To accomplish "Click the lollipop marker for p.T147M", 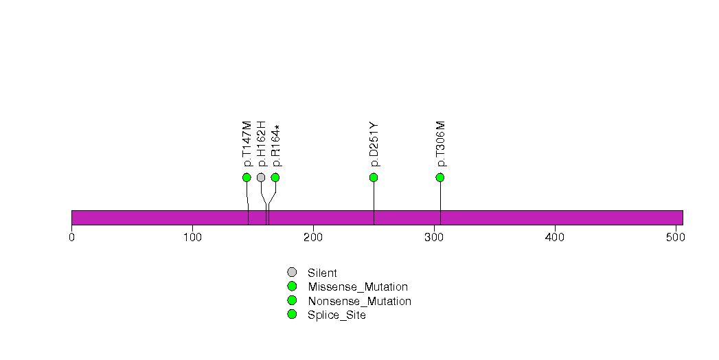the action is tap(247, 177).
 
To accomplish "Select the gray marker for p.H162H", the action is tap(261, 177).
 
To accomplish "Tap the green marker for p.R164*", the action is tap(275, 177).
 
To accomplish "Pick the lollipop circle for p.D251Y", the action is tap(374, 177).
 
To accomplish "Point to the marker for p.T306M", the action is tap(440, 177).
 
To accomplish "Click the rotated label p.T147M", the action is tap(247, 144).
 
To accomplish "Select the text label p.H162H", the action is tap(262, 144).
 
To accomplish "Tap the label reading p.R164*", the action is tap(275, 146).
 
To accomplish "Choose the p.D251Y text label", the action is tap(374, 144).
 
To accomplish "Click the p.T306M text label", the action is tap(441, 144).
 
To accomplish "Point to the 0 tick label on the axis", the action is tap(71, 237).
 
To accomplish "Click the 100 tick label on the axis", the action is tap(192, 237).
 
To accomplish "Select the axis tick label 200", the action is tap(313, 237).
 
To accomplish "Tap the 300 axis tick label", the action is tap(434, 237).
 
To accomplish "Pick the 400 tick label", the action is tap(555, 237).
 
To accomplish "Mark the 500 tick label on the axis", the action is tap(676, 237).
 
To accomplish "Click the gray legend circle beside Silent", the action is tap(292, 273).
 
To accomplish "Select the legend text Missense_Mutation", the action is tap(358, 287).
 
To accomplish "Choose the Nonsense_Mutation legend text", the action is tap(360, 302).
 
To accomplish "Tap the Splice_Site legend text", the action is tap(336, 315).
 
